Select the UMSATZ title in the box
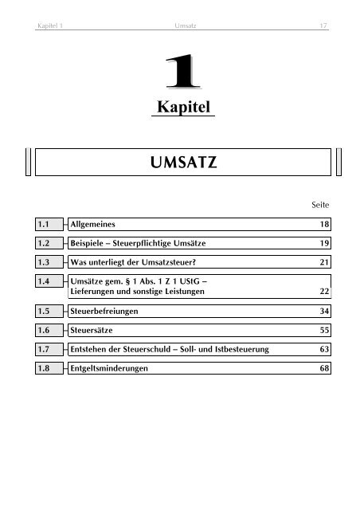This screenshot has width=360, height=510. coord(182,166)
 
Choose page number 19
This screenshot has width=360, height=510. coord(323,244)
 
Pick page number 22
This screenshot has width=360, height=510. coord(323,292)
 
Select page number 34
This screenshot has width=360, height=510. coord(323,312)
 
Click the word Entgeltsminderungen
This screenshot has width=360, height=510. coord(112,369)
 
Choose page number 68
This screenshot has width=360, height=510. coord(323,369)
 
